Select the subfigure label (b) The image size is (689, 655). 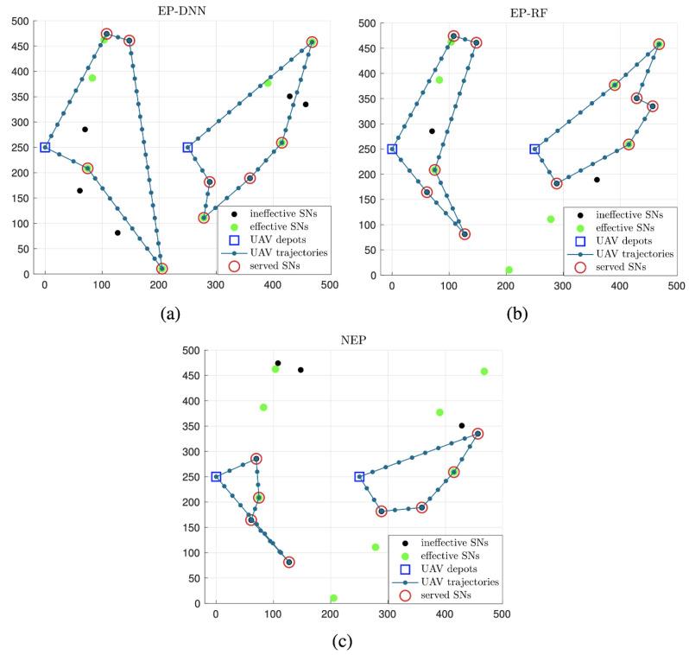click(516, 314)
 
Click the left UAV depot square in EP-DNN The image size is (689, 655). click(45, 148)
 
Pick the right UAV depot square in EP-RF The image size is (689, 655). click(534, 149)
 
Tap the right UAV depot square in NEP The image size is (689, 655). click(359, 477)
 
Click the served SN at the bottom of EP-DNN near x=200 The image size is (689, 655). click(162, 269)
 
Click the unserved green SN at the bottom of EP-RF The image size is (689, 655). click(509, 270)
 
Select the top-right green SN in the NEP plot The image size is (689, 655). click(484, 372)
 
